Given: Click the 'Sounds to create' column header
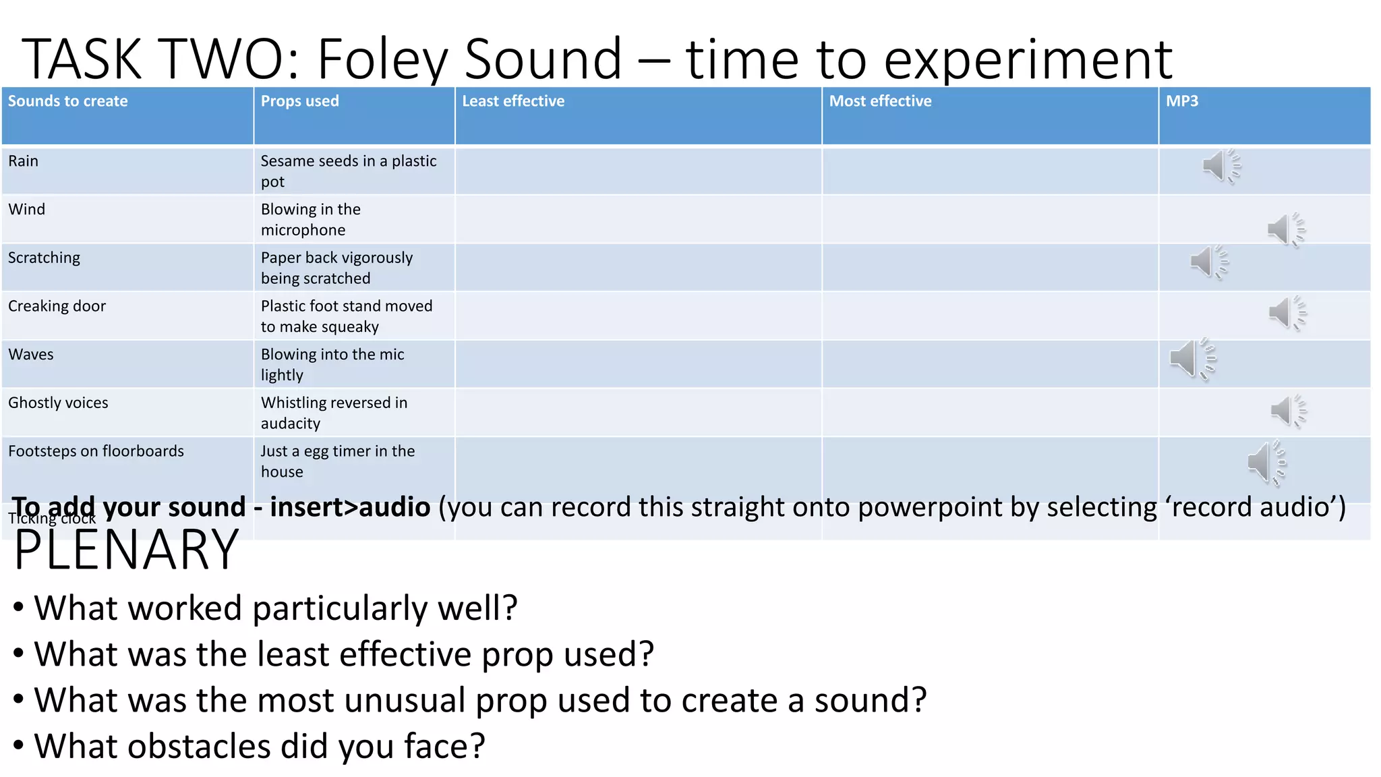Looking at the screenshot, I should [67, 101].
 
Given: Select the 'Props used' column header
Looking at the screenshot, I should [299, 101].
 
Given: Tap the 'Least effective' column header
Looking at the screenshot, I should [513, 101].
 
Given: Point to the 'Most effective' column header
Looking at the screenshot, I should [880, 101].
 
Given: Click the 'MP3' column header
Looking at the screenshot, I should [1182, 101].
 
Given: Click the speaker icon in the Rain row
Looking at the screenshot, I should [1220, 166].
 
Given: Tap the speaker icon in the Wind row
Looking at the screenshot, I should [1285, 230].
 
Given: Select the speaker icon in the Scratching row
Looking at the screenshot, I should [1208, 262].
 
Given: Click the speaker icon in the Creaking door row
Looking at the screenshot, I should [1286, 313].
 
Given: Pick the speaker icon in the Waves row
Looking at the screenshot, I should [1191, 359].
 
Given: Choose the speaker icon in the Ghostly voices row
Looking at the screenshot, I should [1287, 411].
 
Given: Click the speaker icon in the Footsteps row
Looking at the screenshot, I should [1265, 463].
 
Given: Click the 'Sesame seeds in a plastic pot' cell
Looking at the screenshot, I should [348, 171].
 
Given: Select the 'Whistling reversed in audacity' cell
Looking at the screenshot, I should [334, 413].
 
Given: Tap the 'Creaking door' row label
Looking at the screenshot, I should [57, 306].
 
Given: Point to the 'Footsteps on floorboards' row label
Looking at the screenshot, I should [96, 451].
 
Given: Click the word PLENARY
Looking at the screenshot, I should [126, 550].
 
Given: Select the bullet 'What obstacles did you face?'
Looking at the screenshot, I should [259, 746].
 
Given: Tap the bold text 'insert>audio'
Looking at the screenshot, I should [349, 507].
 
